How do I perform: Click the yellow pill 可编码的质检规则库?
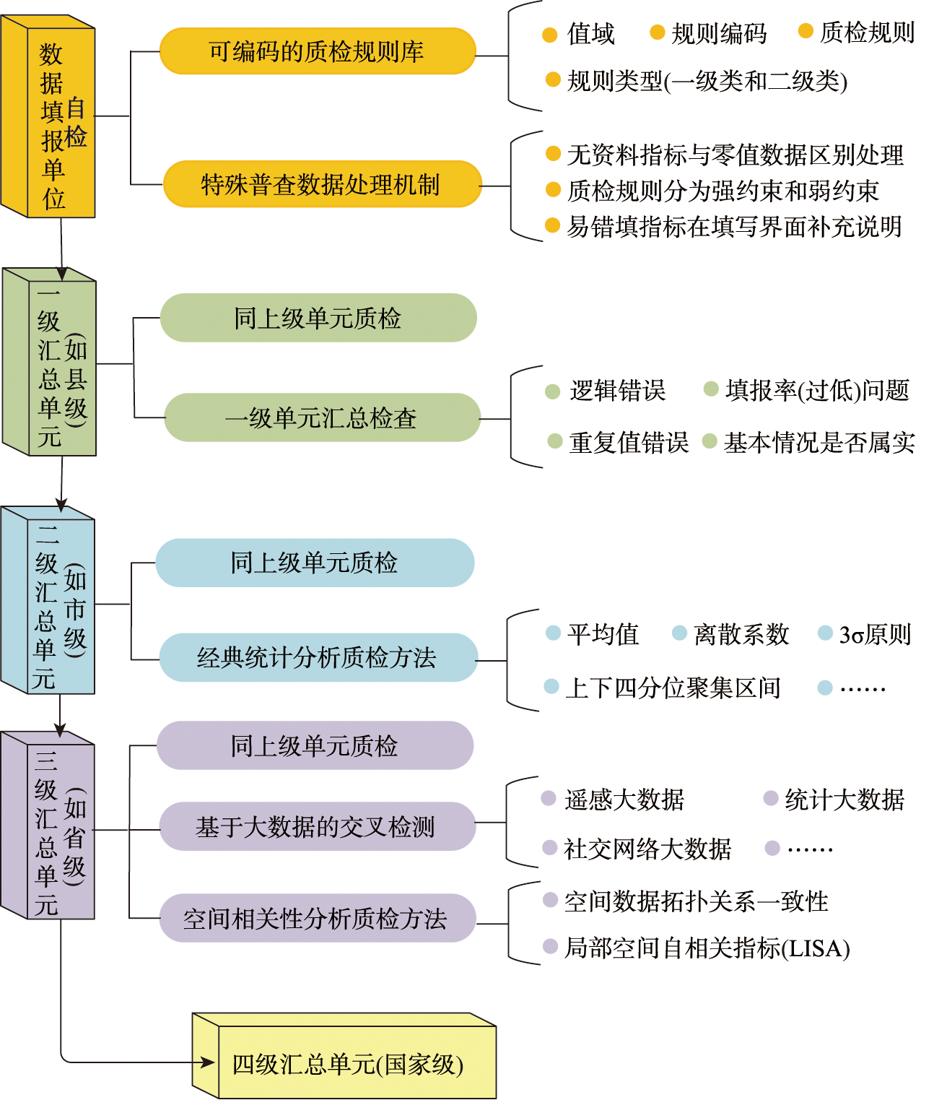click(317, 51)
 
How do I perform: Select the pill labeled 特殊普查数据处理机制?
click(321, 184)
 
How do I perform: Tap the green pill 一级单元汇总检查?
click(322, 417)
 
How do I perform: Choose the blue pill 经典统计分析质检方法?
click(318, 657)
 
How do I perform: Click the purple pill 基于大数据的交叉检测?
click(316, 826)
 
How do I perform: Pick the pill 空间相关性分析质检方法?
click(316, 918)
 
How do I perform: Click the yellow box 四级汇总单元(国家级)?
click(346, 1063)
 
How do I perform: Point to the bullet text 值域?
click(590, 34)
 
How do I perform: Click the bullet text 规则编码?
click(719, 34)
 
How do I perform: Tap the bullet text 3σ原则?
click(875, 634)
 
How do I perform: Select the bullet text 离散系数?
click(741, 634)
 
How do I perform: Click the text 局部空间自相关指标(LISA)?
click(707, 948)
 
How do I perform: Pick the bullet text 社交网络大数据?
click(647, 849)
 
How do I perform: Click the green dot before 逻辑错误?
click(553, 391)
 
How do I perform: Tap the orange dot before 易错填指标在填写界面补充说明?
click(553, 226)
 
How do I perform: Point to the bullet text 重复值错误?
click(629, 442)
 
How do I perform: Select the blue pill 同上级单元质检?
click(315, 563)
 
